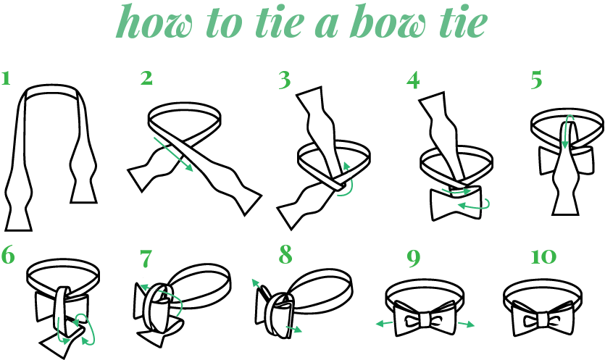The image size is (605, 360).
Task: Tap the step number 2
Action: [x=147, y=78]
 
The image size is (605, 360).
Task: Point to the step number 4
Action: [x=413, y=79]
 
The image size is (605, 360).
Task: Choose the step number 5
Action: [x=536, y=79]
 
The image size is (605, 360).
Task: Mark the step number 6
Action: [x=9, y=256]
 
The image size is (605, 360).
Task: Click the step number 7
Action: [x=147, y=256]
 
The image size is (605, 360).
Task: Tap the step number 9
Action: [x=413, y=256]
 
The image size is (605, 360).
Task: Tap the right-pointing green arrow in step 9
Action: [x=466, y=324]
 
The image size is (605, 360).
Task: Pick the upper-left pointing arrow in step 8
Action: [x=257, y=285]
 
